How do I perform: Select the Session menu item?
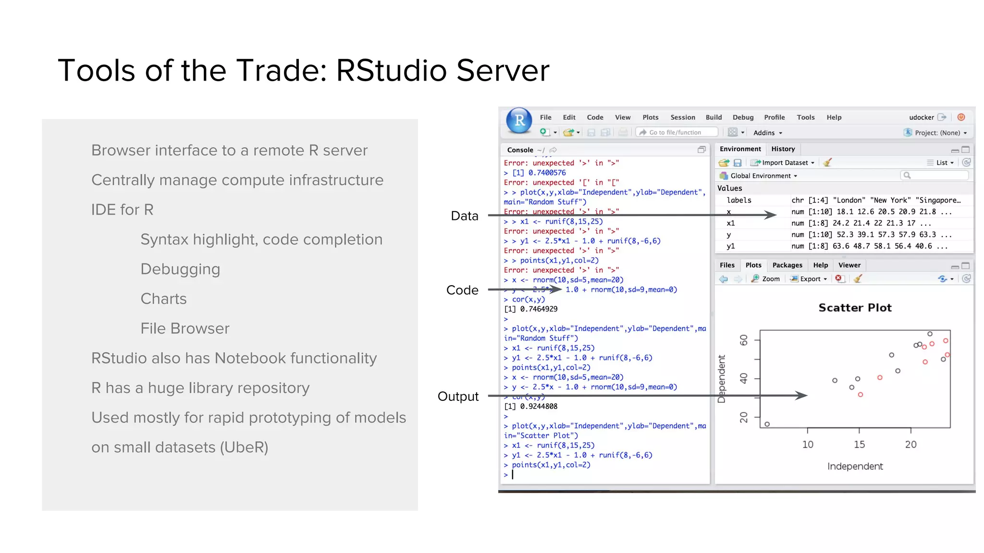682,117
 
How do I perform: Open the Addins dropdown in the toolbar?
767,133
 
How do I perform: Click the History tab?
783,149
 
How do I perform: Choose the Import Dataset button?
785,163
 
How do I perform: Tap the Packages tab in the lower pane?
787,265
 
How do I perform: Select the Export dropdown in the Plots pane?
810,279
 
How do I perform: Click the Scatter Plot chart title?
855,308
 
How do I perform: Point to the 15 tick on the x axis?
859,445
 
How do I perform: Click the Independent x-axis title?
855,466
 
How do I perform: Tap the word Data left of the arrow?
464,216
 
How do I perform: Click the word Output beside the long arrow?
458,397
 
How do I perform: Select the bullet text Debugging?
180,269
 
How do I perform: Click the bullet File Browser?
185,329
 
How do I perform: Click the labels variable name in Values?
738,200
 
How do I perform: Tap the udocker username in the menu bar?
921,117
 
